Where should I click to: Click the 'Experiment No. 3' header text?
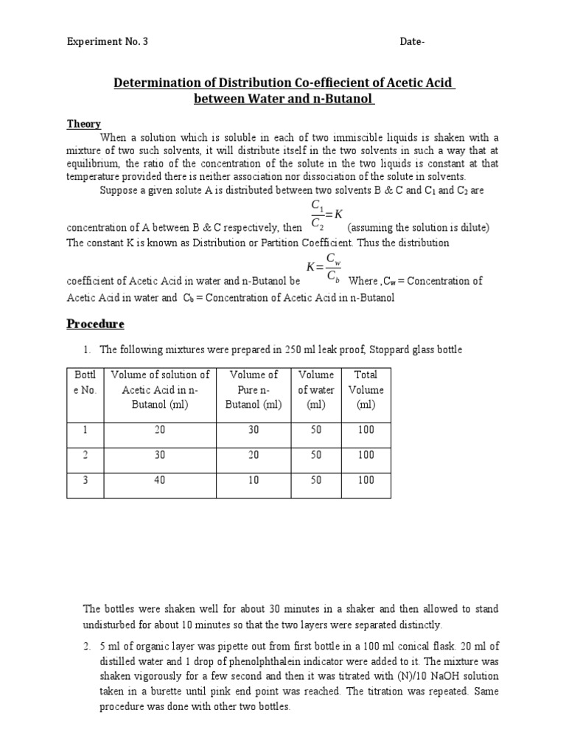(108, 42)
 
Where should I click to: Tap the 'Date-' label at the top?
(412, 42)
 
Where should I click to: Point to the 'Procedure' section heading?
(96, 324)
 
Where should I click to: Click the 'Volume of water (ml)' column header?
(316, 390)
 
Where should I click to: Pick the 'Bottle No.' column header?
(85, 383)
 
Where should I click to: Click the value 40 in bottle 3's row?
(160, 480)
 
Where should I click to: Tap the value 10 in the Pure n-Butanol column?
(254, 480)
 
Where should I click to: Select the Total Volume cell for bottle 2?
(366, 455)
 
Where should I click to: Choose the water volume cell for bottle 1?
(316, 430)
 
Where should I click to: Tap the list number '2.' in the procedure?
(87, 647)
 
